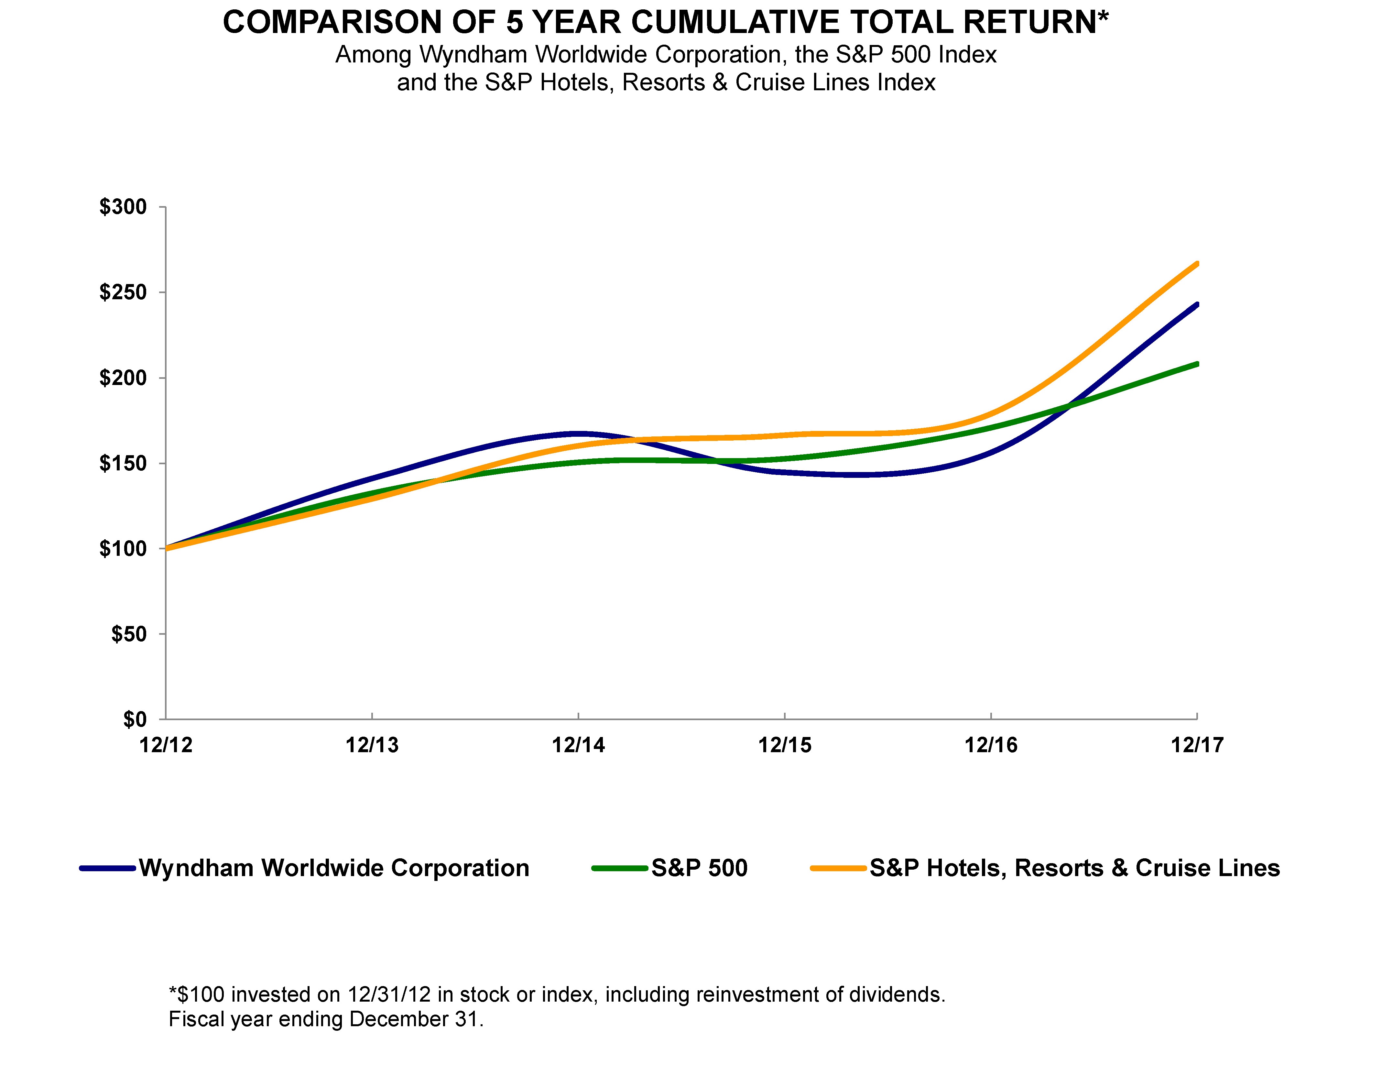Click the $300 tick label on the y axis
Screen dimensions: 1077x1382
click(123, 207)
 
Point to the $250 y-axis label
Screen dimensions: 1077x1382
click(123, 292)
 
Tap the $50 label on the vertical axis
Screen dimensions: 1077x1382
click(129, 634)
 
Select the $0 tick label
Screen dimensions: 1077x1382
click(135, 720)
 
